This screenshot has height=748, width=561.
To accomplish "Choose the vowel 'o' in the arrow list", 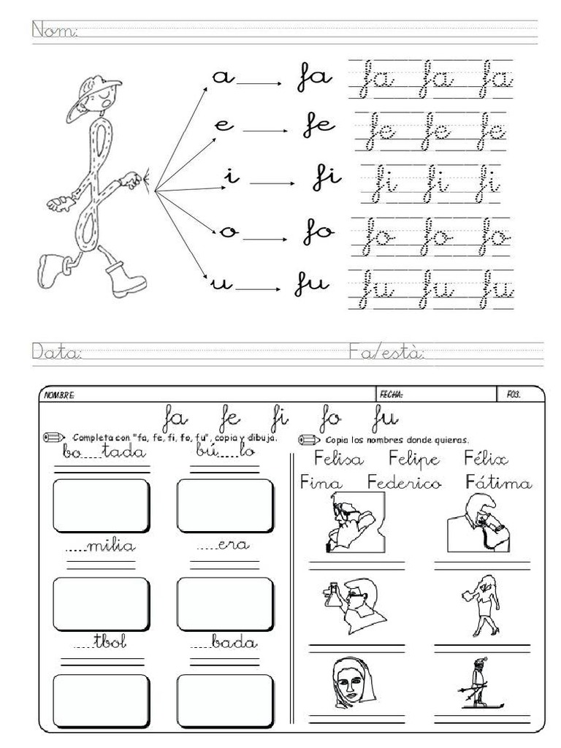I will click(227, 232).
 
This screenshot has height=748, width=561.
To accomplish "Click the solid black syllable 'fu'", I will click(312, 285).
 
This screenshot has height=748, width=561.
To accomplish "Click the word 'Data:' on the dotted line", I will click(56, 353).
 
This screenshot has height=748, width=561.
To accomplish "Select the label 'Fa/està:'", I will click(386, 353).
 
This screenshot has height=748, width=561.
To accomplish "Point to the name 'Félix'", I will click(486, 459).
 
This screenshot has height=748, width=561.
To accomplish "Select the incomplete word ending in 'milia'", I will click(102, 547).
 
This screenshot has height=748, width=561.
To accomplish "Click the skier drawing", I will click(478, 684).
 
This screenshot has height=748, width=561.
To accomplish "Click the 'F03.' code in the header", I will click(514, 394).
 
